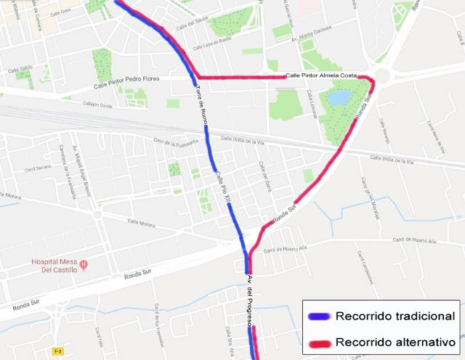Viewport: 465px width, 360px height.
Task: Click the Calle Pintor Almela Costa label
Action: pyautogui.click(x=321, y=75)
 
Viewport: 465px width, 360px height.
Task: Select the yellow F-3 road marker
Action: pyautogui.click(x=58, y=351)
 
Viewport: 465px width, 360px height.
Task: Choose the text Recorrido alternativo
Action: pyautogui.click(x=395, y=341)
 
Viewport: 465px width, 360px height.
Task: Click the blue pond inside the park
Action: pyautogui.click(x=338, y=97)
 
